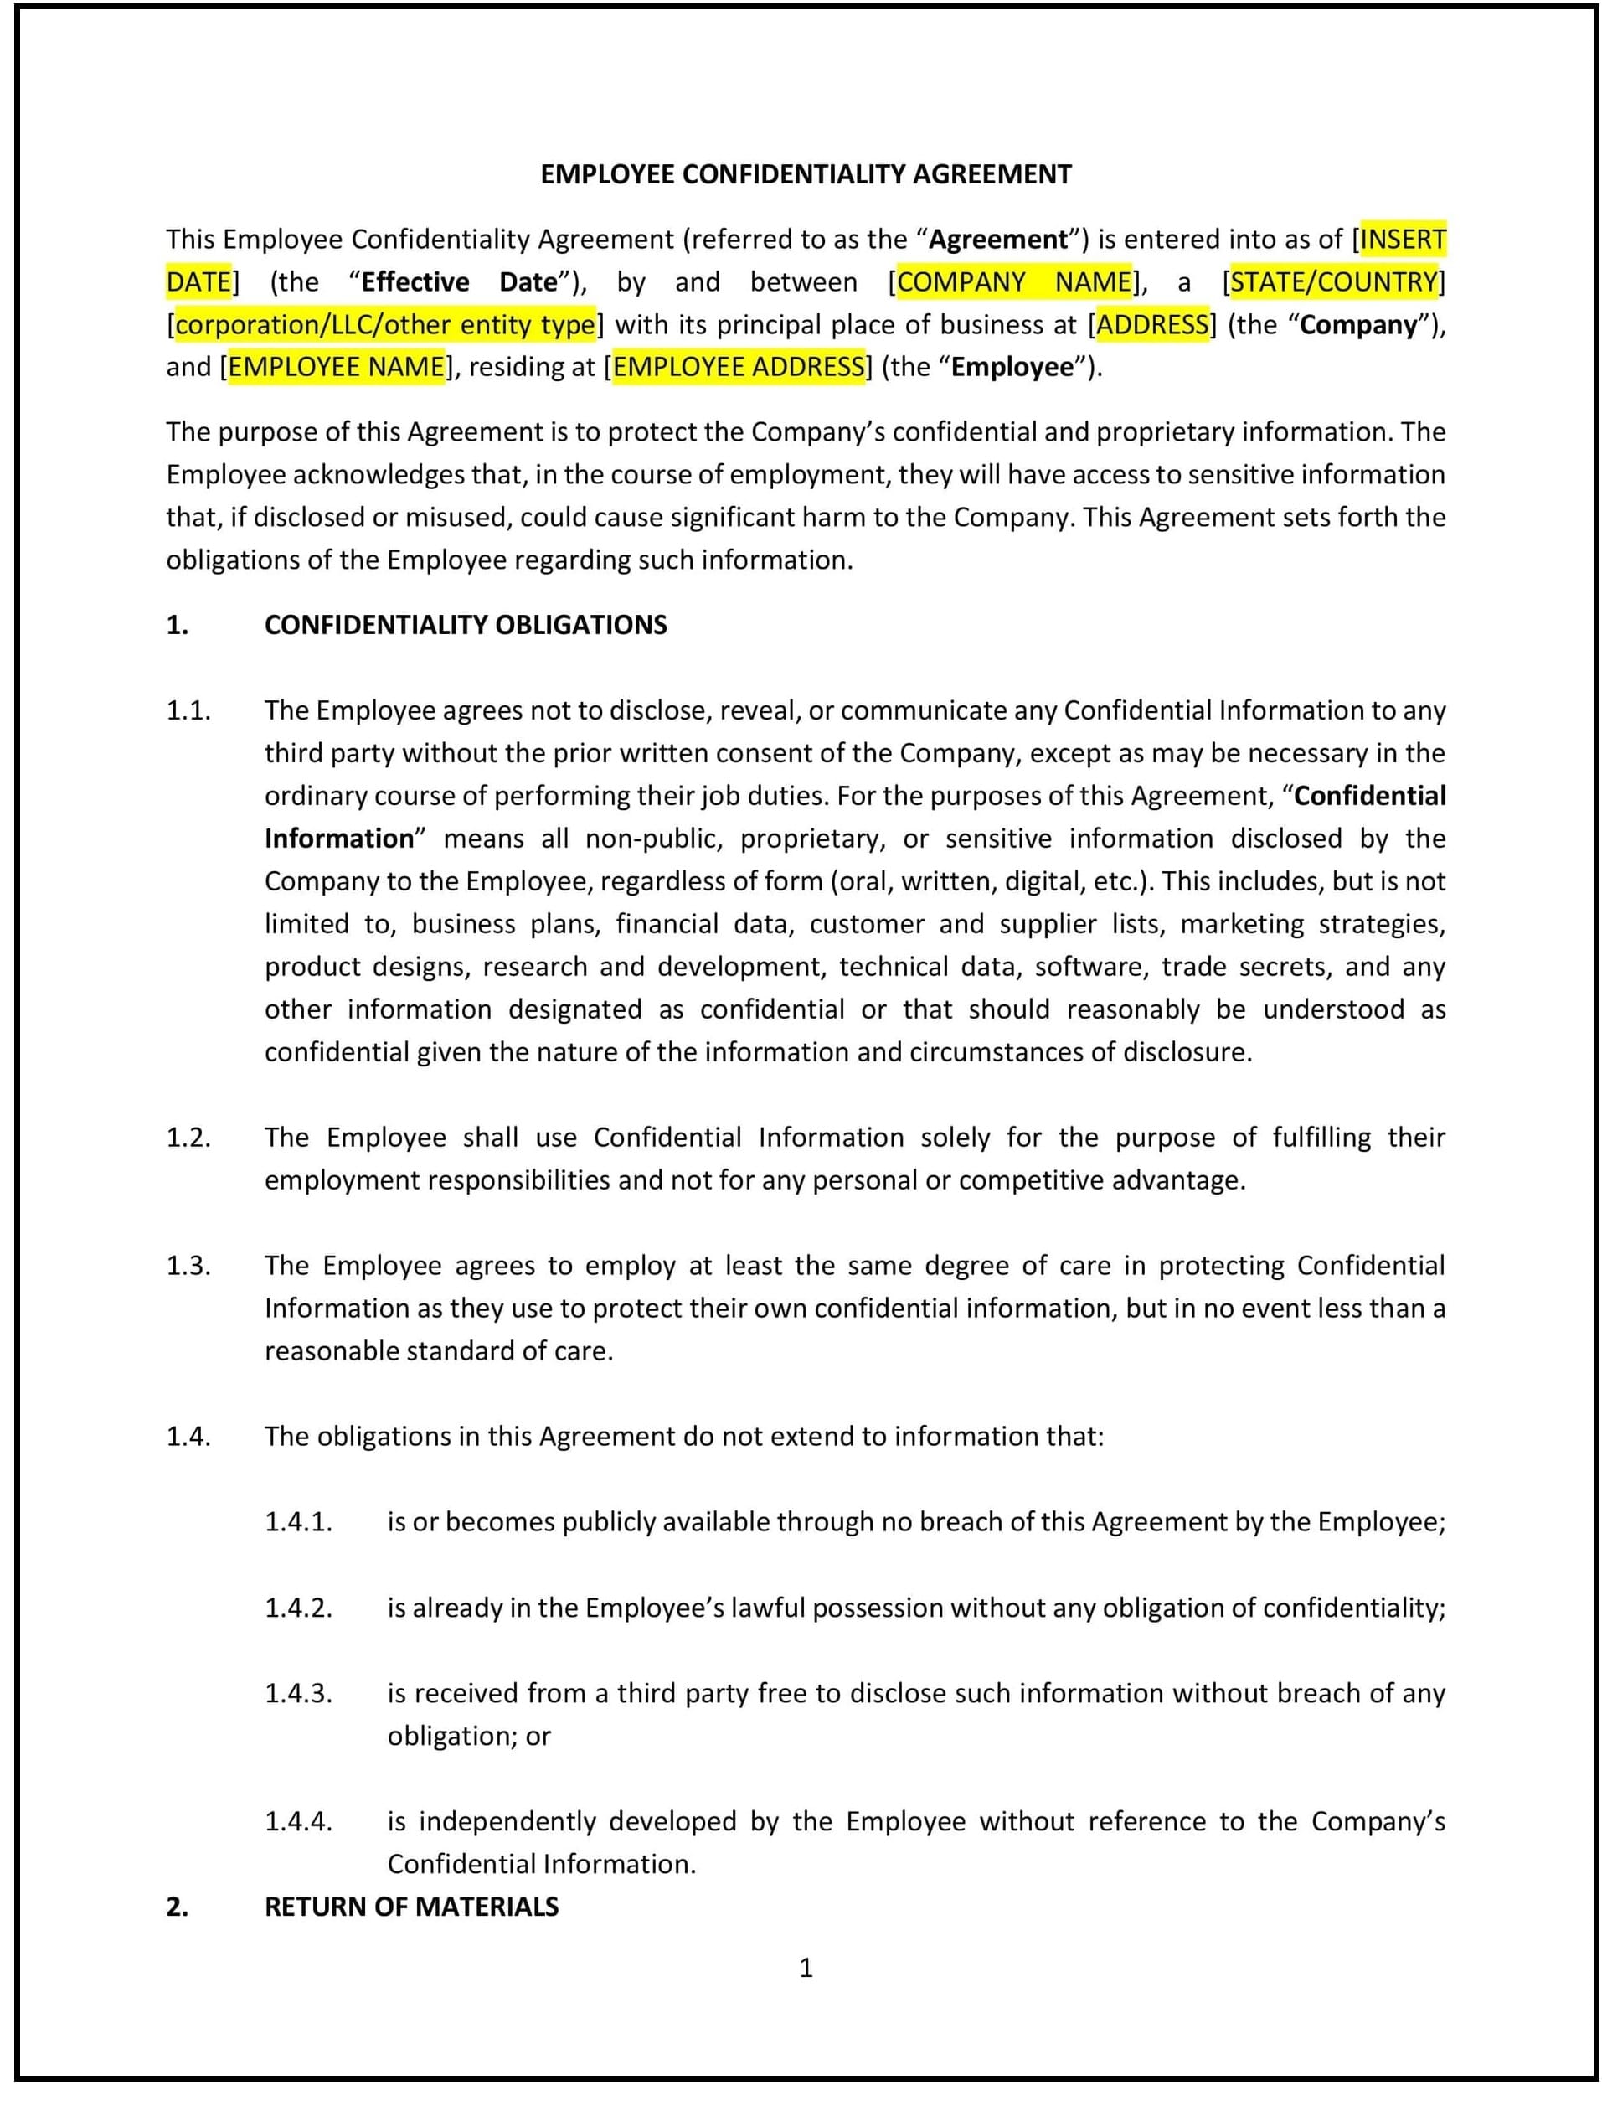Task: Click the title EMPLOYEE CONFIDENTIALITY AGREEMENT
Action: coord(806,174)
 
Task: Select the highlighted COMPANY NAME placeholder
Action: coord(1013,282)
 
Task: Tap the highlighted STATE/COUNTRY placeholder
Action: coord(1333,282)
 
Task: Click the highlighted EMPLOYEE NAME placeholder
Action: coord(337,367)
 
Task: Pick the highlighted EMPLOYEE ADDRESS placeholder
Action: coord(738,367)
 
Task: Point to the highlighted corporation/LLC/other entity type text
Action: coord(385,325)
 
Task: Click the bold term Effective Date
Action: coord(459,282)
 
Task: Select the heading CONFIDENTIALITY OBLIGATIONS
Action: coord(466,625)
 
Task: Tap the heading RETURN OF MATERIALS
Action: coord(411,1907)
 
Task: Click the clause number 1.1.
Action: coord(188,710)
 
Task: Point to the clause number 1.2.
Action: coord(188,1137)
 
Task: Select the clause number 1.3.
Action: coord(188,1266)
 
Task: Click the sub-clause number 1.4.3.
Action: coord(298,1693)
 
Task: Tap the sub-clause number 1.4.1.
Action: coord(298,1522)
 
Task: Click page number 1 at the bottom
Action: coord(806,1968)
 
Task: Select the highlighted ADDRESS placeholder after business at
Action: coord(1152,325)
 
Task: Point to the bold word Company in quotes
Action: coord(1359,325)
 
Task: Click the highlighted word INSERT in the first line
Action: coord(1403,240)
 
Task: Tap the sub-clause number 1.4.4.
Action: coord(298,1822)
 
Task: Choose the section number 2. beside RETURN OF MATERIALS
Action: coord(178,1907)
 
